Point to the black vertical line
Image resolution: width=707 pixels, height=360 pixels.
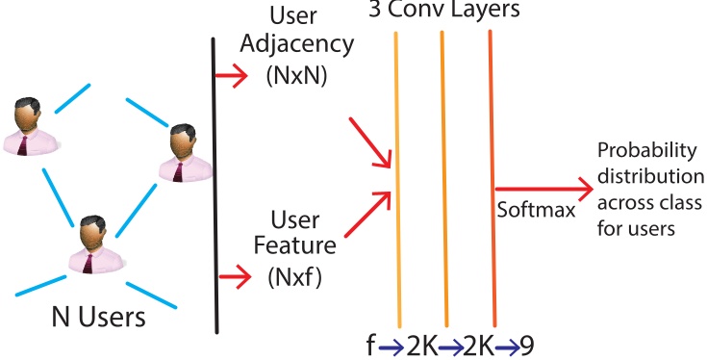pyautogui.click(x=213, y=183)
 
